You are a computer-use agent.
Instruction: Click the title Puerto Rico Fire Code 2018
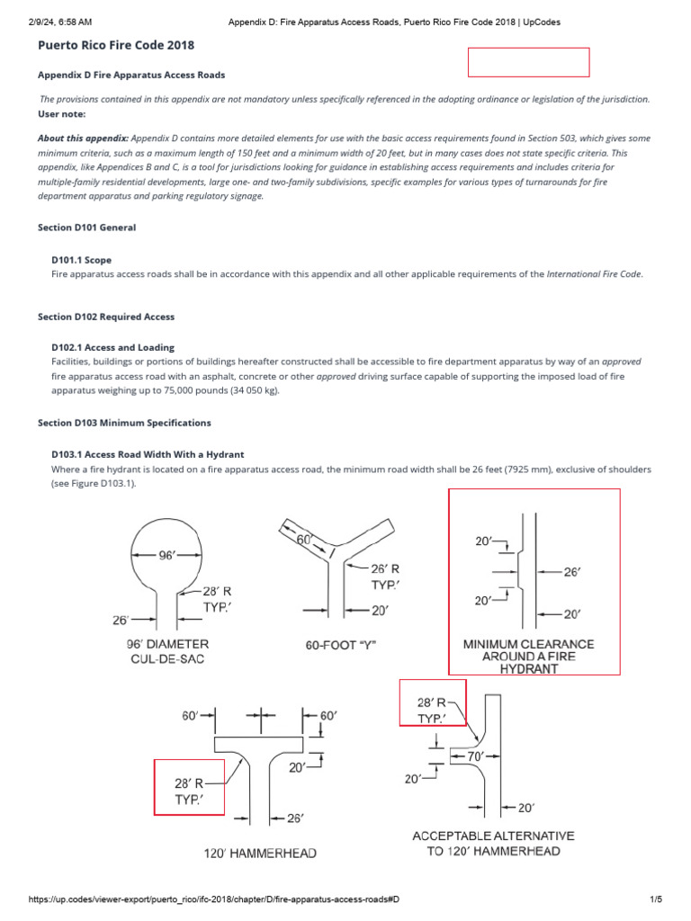(x=116, y=44)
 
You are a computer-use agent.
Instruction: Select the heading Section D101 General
(x=86, y=228)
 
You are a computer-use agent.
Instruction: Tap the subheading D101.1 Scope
(x=86, y=260)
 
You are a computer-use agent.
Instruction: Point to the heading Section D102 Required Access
(x=106, y=317)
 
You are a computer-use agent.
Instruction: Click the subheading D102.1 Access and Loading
(x=113, y=347)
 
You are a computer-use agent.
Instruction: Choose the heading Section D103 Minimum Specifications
(x=124, y=422)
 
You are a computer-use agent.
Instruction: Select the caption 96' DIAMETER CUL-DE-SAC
(x=168, y=651)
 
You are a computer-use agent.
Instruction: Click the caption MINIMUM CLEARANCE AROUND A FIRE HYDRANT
(x=528, y=657)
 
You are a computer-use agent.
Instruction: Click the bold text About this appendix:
(x=83, y=139)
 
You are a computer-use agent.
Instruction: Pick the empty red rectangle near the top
(x=528, y=62)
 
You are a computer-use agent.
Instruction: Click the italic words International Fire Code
(x=594, y=273)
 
